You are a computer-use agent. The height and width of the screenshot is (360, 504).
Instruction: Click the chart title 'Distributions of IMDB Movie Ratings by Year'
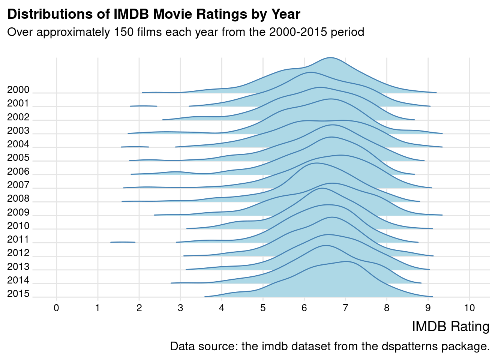click(x=154, y=14)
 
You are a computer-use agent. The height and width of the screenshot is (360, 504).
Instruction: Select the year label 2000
click(x=18, y=90)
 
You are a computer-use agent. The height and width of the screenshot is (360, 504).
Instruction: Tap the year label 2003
click(x=18, y=131)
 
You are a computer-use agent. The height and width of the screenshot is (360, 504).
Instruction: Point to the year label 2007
click(x=18, y=185)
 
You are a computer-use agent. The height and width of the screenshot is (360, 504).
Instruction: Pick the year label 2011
click(x=18, y=240)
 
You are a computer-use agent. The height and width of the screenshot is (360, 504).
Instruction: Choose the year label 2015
click(x=18, y=294)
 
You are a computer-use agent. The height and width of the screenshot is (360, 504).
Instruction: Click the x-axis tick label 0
click(x=57, y=308)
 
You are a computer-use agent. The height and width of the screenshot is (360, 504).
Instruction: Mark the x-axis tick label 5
click(x=263, y=308)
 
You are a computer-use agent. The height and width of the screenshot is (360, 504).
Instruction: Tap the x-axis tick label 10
click(x=469, y=308)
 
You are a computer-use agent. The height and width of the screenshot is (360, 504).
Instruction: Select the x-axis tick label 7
click(x=345, y=308)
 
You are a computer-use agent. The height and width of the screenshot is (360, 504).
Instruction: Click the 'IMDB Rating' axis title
click(x=450, y=327)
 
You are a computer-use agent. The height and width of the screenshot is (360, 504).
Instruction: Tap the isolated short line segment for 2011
click(x=123, y=242)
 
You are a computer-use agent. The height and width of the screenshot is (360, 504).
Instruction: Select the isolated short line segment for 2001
click(x=144, y=106)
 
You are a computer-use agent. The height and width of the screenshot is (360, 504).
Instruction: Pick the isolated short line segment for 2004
click(x=135, y=147)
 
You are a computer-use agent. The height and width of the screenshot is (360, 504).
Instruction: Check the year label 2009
click(x=18, y=213)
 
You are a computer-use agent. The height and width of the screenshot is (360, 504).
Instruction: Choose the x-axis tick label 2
click(x=139, y=308)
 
